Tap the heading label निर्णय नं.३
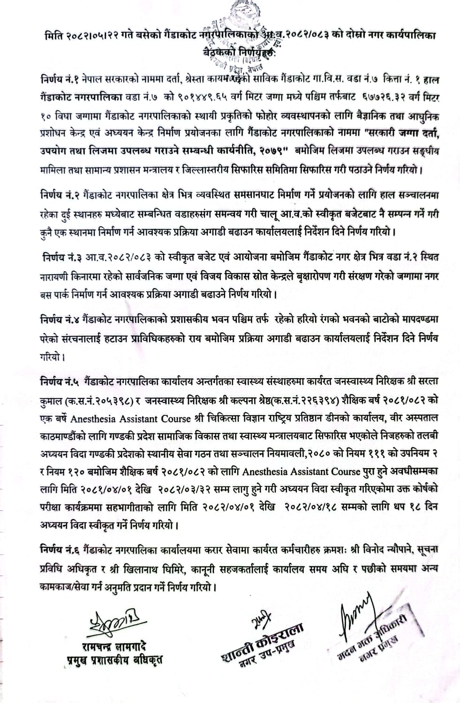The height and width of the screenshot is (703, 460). click(x=62, y=258)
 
